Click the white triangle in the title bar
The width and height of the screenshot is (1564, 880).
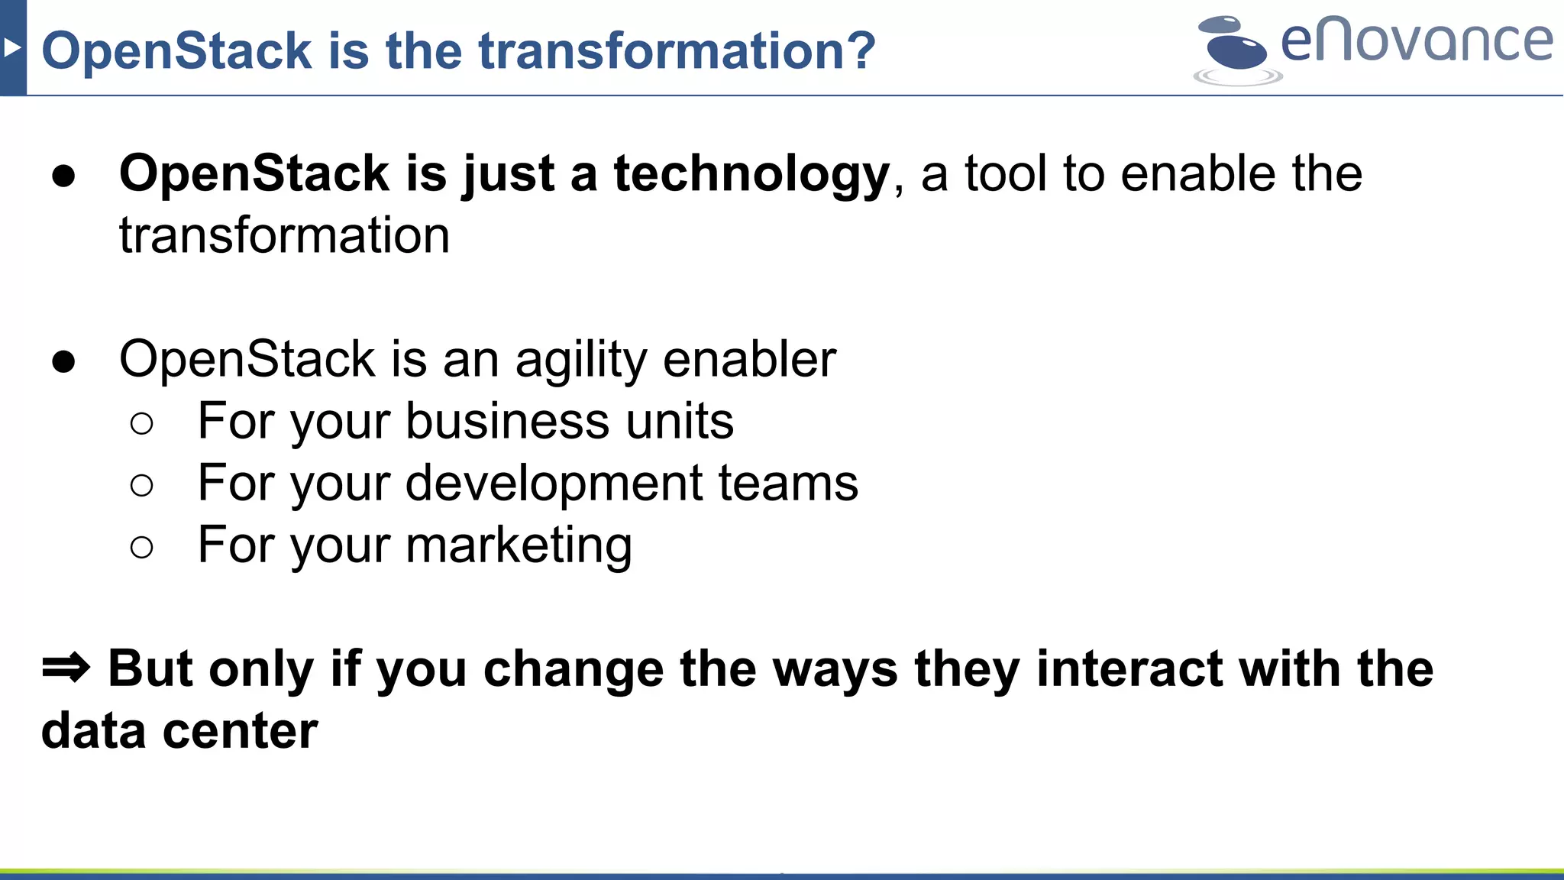pyautogui.click(x=11, y=48)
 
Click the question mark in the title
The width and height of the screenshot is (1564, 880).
pyautogui.click(x=861, y=50)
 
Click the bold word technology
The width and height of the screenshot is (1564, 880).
pyautogui.click(x=751, y=174)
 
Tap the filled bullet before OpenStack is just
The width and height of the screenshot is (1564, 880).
pyautogui.click(x=64, y=176)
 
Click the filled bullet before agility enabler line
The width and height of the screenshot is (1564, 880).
pyautogui.click(x=64, y=361)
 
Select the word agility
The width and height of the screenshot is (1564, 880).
pyautogui.click(x=580, y=361)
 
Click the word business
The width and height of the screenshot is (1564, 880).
pyautogui.click(x=506, y=421)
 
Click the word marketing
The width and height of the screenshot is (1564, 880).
pyautogui.click(x=519, y=546)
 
